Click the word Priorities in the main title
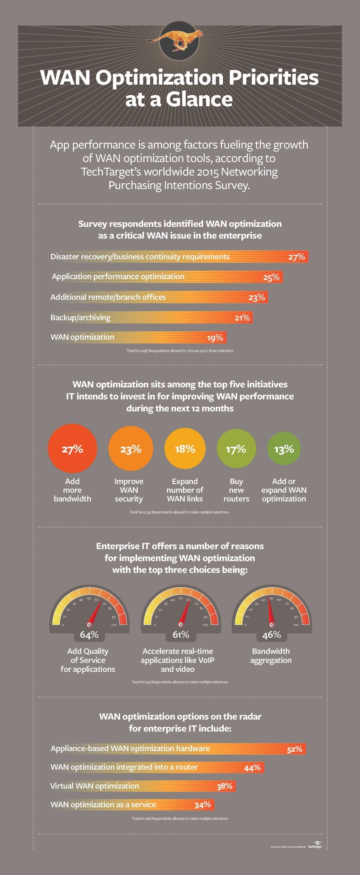pyautogui.click(x=273, y=77)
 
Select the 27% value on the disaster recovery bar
pyautogui.click(x=296, y=257)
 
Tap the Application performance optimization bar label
pyautogui.click(x=118, y=276)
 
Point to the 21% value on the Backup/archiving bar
pyautogui.click(x=242, y=317)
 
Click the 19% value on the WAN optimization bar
pyautogui.click(x=215, y=338)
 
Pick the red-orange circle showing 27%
pyautogui.click(x=72, y=449)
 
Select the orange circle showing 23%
pyautogui.click(x=131, y=449)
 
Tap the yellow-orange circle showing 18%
pyautogui.click(x=185, y=449)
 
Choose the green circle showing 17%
pyautogui.click(x=236, y=449)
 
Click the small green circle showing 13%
pyautogui.click(x=284, y=449)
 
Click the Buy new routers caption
pyautogui.click(x=236, y=490)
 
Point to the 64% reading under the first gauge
pyautogui.click(x=89, y=635)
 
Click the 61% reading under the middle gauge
pyautogui.click(x=181, y=635)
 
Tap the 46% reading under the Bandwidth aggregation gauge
pyautogui.click(x=271, y=635)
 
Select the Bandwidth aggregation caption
pyautogui.click(x=271, y=656)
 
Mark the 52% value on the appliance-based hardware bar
pyautogui.click(x=295, y=749)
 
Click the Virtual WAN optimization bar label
pyautogui.click(x=95, y=786)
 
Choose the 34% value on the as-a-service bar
pyautogui.click(x=203, y=804)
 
